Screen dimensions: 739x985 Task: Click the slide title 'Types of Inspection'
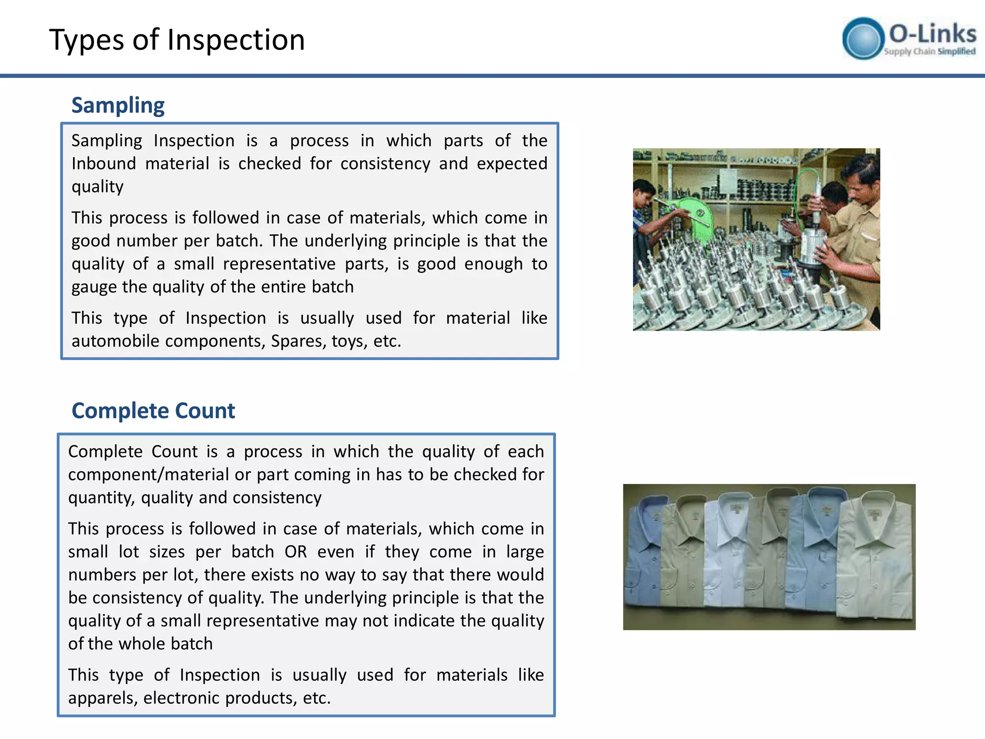(177, 39)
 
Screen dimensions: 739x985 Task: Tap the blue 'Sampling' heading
(118, 105)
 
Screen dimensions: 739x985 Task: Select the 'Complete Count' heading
(153, 411)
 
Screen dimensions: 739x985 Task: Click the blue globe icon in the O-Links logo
(863, 38)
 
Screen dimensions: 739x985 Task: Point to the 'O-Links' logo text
(932, 34)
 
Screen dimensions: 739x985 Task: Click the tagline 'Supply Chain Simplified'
(929, 51)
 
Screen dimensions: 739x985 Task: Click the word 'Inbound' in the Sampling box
(103, 164)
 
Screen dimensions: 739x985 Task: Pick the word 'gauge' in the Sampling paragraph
(94, 287)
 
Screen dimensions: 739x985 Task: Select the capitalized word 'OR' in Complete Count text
(295, 551)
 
